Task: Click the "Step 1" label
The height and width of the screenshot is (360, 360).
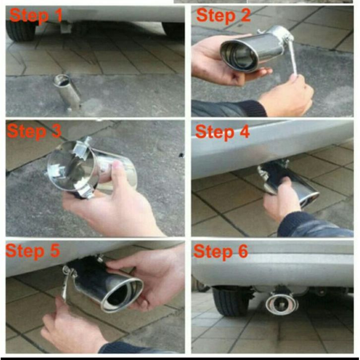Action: tap(36, 15)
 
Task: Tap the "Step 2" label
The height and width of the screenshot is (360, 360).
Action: tap(223, 15)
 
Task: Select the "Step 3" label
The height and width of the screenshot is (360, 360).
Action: tap(34, 131)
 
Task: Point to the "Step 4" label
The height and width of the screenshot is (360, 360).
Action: tap(222, 132)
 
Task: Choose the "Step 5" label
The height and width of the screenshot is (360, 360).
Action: tap(33, 251)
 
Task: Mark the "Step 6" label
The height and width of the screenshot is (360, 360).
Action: tap(221, 252)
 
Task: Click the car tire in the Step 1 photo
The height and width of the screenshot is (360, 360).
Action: tap(21, 31)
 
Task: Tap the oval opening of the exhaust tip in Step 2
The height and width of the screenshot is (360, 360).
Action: tap(239, 55)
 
